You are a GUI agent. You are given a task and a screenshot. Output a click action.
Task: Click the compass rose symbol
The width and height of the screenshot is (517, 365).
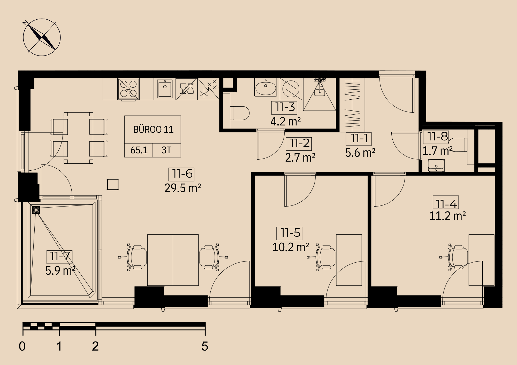coord(42,37)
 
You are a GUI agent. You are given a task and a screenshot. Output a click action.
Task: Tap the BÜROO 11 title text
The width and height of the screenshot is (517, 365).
coord(153,129)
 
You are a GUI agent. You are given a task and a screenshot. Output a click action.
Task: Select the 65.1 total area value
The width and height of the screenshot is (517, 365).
coord(139,150)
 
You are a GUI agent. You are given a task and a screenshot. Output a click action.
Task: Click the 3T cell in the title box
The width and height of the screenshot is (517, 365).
coord(166,150)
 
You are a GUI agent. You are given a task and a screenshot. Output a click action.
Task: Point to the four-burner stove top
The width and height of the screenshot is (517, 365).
coord(128,89)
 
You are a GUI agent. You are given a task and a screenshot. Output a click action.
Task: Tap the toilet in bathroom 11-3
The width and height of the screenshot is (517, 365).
coord(240,113)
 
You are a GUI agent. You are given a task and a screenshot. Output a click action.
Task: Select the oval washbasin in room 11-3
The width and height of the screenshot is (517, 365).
coord(265,88)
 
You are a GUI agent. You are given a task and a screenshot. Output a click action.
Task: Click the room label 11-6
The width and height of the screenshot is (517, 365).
coord(182,174)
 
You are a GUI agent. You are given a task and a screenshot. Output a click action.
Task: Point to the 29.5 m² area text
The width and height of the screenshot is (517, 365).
coord(183,188)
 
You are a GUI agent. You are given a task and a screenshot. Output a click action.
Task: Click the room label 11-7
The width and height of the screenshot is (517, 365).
coord(59,256)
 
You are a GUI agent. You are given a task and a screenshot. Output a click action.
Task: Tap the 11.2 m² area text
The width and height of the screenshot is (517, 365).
coord(447,216)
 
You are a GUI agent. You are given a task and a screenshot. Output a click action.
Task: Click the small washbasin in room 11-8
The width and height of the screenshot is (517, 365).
coord(436,165)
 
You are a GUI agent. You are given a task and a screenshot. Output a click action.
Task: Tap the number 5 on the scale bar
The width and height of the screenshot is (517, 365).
coord(205,346)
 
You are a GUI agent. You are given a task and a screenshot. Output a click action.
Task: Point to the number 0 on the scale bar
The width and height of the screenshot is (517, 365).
coord(22,346)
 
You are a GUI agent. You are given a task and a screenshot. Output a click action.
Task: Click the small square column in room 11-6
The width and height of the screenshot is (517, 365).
coord(113,184)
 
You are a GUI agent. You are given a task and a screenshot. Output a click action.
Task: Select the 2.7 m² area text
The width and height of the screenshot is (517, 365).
coord(300,157)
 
